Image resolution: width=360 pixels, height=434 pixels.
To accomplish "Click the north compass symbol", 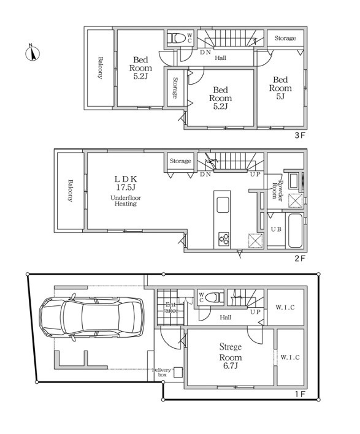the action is pyautogui.click(x=33, y=53).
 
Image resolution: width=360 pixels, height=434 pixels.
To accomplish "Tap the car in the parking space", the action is pyautogui.click(x=91, y=317).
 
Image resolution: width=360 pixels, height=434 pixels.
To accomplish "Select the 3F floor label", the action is pyautogui.click(x=299, y=135).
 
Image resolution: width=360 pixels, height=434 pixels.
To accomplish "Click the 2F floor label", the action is pyautogui.click(x=299, y=259).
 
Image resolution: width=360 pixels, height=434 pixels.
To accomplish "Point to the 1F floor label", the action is pyautogui.click(x=299, y=394).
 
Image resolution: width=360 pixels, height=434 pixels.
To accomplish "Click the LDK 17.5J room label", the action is pyautogui.click(x=126, y=183).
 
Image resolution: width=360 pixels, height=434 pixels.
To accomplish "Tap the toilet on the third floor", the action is pyautogui.click(x=177, y=38).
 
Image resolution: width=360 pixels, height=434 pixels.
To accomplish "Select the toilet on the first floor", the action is pyautogui.click(x=215, y=297).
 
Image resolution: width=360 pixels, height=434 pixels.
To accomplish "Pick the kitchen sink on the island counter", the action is pyautogui.click(x=223, y=205).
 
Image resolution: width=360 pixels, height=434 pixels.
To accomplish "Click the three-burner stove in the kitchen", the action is pyautogui.click(x=223, y=238).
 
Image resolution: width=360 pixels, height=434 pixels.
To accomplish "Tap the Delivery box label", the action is pyautogui.click(x=161, y=372).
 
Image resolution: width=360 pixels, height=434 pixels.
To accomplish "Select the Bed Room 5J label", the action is pyautogui.click(x=280, y=88).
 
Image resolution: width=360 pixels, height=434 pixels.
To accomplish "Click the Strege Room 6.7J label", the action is pyautogui.click(x=231, y=356).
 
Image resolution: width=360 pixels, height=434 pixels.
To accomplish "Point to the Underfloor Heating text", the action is pyautogui.click(x=126, y=200).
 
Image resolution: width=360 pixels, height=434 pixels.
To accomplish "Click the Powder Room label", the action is pyautogui.click(x=277, y=191).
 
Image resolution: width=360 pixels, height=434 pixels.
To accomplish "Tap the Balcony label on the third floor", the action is pyautogui.click(x=100, y=68).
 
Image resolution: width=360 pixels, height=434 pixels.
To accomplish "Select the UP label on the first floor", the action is pyautogui.click(x=255, y=312).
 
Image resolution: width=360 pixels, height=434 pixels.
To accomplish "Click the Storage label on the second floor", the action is pyautogui.click(x=180, y=161).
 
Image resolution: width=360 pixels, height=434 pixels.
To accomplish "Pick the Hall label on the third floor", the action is pyautogui.click(x=220, y=58).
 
